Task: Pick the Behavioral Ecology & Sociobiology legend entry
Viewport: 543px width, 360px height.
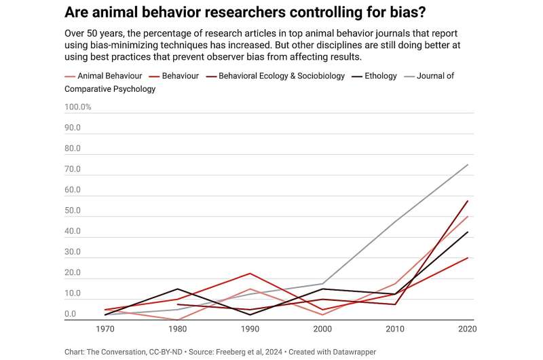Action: click(x=281, y=76)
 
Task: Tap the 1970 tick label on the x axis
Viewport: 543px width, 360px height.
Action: click(x=106, y=329)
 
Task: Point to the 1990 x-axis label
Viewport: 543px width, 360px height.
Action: click(x=250, y=329)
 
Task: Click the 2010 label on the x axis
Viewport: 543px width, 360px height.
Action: click(x=396, y=329)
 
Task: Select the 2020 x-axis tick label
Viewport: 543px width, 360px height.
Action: click(x=468, y=329)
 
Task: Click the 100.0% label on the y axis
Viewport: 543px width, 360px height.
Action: click(x=78, y=107)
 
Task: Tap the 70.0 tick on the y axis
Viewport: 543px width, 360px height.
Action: click(x=73, y=170)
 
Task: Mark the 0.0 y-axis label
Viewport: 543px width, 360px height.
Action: click(x=71, y=314)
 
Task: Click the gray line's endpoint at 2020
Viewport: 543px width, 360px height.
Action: click(x=468, y=164)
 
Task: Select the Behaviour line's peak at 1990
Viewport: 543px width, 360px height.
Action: click(x=250, y=273)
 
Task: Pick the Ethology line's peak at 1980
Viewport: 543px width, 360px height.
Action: click(x=178, y=289)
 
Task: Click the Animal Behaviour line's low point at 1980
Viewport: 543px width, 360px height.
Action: click(x=178, y=319)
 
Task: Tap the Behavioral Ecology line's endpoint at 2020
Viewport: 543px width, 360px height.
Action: click(x=468, y=200)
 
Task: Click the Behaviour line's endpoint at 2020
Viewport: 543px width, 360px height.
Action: click(x=468, y=257)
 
